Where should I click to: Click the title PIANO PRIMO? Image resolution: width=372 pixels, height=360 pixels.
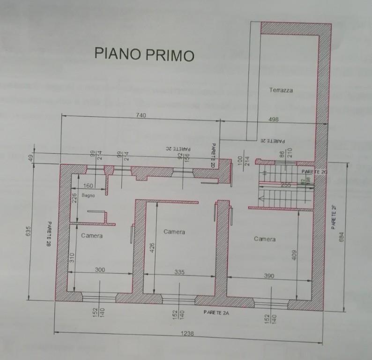[144, 53]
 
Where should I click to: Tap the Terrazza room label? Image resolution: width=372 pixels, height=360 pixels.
[281, 90]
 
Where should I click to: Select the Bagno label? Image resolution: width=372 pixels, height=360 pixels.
[88, 195]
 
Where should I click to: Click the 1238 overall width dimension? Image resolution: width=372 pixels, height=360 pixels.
[187, 335]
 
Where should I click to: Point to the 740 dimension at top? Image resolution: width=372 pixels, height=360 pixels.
[141, 115]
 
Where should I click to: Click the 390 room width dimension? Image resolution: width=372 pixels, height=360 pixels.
[269, 276]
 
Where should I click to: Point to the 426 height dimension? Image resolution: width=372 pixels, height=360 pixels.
[151, 247]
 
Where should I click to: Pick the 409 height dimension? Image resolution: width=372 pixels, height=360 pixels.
[294, 255]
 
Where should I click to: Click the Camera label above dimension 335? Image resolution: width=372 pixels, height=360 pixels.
[174, 232]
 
